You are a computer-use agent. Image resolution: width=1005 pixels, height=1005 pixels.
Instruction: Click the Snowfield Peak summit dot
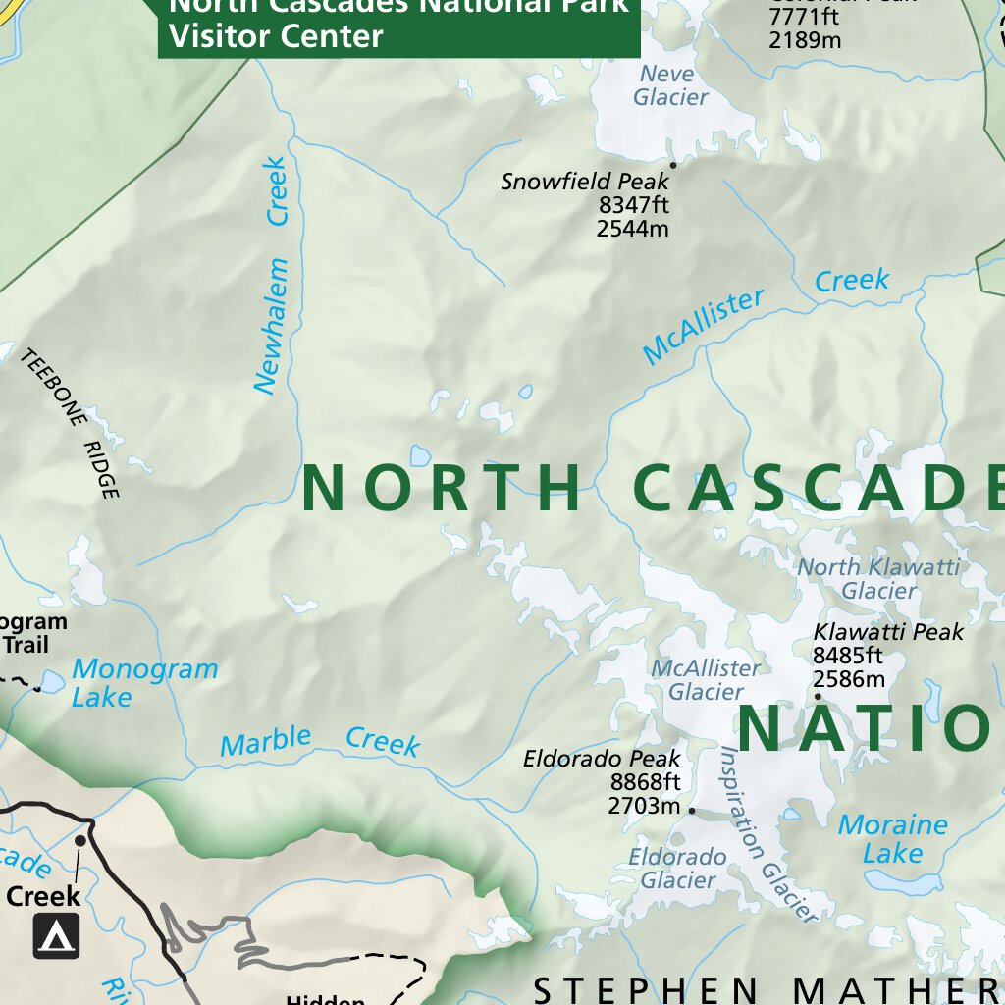[673, 165]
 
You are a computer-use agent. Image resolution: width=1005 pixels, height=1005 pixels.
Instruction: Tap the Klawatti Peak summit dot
[818, 697]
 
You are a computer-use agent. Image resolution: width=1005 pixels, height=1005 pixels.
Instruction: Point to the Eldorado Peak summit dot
[692, 811]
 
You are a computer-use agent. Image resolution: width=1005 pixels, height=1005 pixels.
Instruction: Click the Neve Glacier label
[669, 85]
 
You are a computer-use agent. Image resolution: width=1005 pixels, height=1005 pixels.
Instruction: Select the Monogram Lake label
[144, 683]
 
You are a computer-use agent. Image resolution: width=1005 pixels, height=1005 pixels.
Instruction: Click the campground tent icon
[56, 935]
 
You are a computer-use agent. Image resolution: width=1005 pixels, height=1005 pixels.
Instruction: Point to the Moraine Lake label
[892, 839]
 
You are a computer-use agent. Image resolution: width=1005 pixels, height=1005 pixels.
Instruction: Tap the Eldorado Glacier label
[677, 869]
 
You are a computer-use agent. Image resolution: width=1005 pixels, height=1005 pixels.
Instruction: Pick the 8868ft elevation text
[645, 782]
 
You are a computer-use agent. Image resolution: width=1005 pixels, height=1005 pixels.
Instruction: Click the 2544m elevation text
[632, 229]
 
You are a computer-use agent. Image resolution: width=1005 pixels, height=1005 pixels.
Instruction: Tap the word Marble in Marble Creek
[265, 741]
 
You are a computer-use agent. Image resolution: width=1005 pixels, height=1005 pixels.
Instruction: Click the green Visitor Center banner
[398, 27]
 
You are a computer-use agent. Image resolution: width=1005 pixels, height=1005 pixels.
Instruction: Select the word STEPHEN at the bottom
[645, 988]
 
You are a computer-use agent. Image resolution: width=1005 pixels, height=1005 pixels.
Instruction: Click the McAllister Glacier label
[706, 679]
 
